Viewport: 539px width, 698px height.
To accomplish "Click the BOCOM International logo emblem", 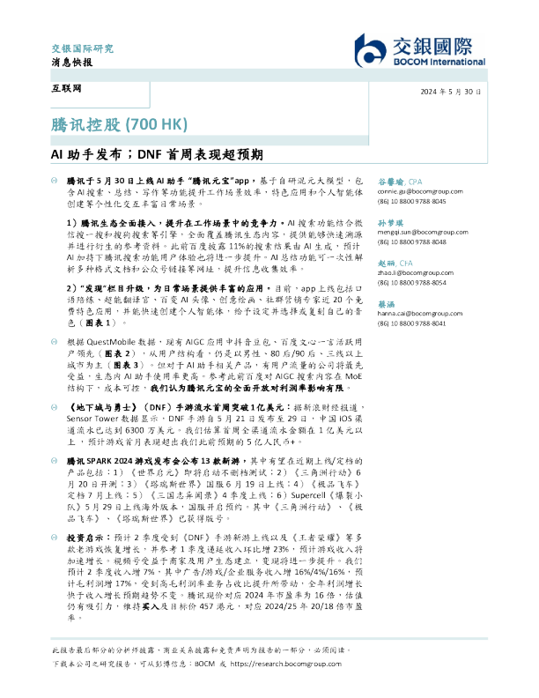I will tap(371, 52).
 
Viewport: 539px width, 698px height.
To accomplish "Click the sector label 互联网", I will tap(60, 92).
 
